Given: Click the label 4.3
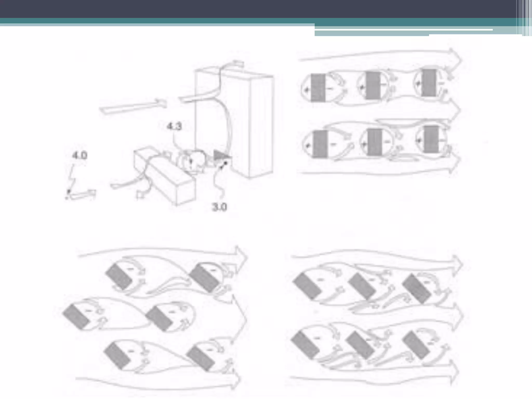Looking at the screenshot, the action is pos(174,127).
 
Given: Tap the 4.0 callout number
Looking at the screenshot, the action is pos(79,156).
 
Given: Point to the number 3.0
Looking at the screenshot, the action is pos(220,207).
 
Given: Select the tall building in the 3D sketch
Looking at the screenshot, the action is pos(234,122).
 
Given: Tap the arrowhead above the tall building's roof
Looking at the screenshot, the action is pos(238,63).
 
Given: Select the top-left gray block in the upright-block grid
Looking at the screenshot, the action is pos(318,88).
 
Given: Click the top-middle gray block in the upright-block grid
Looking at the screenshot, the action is pos(373,85).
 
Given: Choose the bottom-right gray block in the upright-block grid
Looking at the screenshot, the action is pos(431,139).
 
